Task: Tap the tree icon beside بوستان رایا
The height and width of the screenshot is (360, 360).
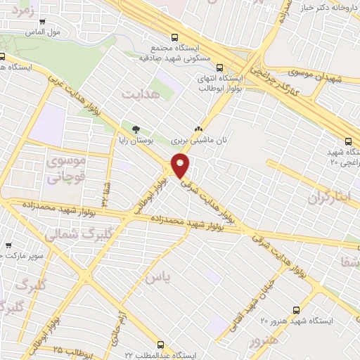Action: click(136, 129)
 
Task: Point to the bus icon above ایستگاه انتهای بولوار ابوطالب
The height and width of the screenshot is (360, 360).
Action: click(220, 68)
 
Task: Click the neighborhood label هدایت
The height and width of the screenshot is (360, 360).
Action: click(136, 94)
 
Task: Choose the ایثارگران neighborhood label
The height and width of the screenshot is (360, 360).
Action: click(328, 198)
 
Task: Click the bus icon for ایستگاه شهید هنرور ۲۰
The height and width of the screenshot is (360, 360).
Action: click(296, 309)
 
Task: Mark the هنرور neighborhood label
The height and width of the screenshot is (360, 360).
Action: click(264, 340)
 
